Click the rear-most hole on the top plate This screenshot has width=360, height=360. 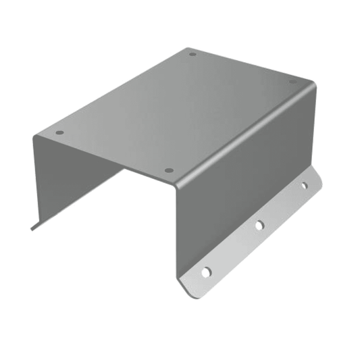pos(192,54)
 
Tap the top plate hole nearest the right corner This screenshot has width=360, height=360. pos(293,82)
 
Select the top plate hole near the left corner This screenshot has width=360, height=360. pos(59,132)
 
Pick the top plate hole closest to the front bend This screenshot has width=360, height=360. pos(169,170)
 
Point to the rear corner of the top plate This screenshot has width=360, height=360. pos(190,48)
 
